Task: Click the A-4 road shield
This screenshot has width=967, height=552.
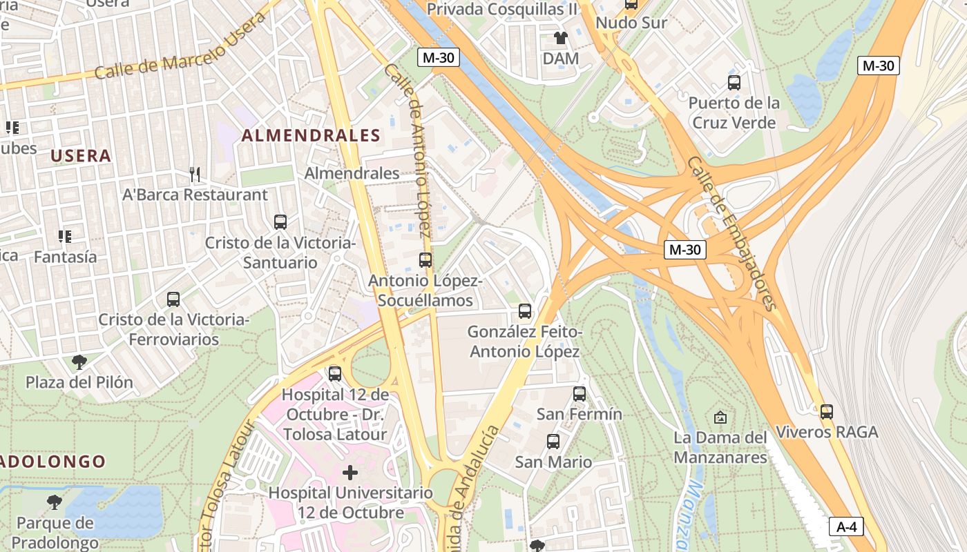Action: [846, 527]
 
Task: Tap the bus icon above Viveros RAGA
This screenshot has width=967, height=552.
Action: [826, 412]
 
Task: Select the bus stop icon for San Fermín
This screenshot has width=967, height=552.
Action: [580, 394]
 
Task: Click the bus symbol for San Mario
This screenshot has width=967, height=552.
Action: [553, 442]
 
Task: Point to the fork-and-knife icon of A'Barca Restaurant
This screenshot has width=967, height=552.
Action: [195, 175]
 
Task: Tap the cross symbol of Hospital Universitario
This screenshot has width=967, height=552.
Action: [350, 473]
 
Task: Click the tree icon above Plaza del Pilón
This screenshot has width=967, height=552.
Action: [79, 362]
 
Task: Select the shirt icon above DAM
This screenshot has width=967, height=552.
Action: [560, 38]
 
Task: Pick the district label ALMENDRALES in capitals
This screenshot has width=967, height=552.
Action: [311, 136]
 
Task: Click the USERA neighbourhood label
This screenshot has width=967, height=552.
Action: [81, 156]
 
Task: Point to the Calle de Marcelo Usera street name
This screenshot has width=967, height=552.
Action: [180, 47]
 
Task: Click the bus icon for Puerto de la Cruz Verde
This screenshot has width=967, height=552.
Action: [734, 83]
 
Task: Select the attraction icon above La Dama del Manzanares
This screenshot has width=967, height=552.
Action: [720, 417]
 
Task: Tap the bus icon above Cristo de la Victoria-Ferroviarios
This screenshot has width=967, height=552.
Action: [173, 299]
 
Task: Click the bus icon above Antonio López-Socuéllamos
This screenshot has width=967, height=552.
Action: [425, 260]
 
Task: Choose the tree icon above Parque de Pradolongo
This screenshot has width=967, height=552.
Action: [55, 502]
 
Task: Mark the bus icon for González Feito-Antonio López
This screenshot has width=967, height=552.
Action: [525, 311]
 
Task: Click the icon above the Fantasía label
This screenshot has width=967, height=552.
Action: [65, 237]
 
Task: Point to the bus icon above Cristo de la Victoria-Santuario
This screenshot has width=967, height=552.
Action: [280, 222]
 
